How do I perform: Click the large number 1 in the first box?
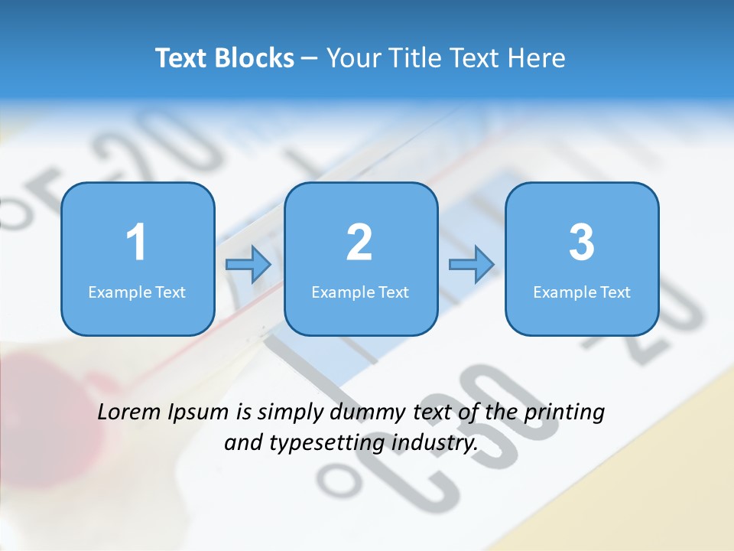click(136, 243)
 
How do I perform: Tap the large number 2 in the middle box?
click(359, 243)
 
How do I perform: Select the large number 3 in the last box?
click(582, 243)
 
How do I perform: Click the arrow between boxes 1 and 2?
click(248, 265)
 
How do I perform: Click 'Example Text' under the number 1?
click(137, 292)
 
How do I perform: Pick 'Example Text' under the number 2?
click(360, 292)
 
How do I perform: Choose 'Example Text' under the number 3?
click(582, 292)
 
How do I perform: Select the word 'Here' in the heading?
click(536, 58)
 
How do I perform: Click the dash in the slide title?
click(310, 59)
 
